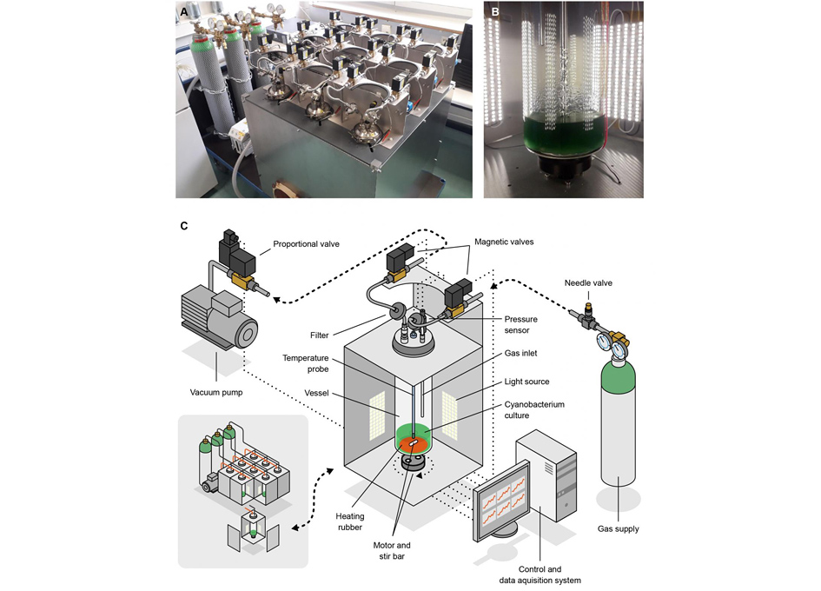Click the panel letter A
183,12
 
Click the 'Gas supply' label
618,528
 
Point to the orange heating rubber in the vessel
413,445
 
